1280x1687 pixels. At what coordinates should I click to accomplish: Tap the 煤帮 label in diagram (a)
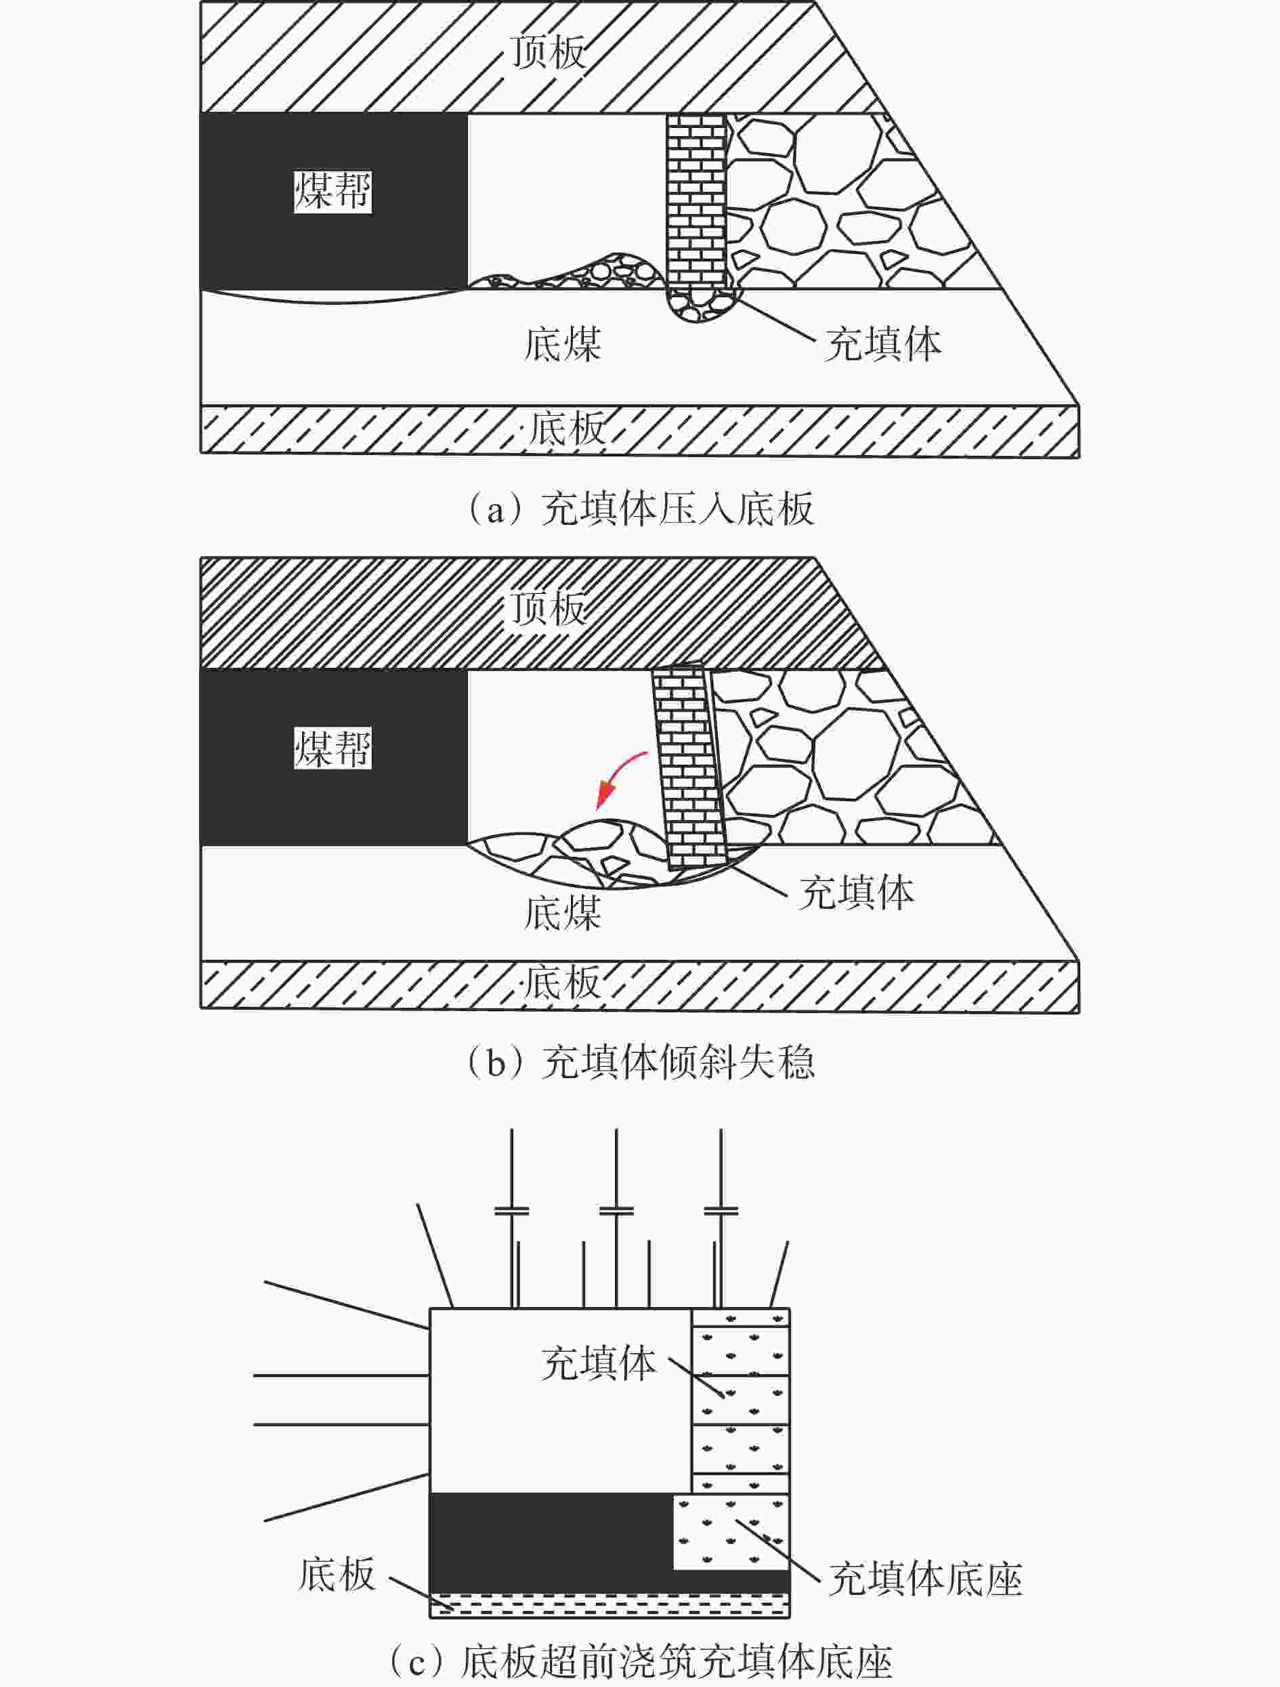point(333,192)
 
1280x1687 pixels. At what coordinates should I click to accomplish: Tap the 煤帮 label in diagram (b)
point(333,748)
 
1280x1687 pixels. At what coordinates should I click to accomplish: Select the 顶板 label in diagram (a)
point(548,52)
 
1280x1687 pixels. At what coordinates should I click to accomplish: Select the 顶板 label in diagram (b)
point(548,609)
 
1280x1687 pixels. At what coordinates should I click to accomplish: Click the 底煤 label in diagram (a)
point(563,344)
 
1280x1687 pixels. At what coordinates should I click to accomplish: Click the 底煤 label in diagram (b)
point(563,913)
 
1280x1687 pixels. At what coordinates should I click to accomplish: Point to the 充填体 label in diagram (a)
point(883,344)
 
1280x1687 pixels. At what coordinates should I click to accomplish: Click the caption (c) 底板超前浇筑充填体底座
point(639,1664)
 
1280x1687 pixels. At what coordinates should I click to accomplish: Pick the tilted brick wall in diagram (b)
point(689,767)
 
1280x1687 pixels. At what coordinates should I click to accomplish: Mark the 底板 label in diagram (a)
point(567,428)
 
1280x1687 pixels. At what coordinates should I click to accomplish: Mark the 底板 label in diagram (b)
point(562,982)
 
